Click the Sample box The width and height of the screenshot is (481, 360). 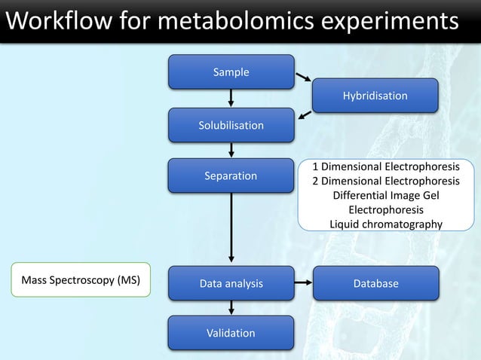pos(231,72)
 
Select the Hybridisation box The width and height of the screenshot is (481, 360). pos(375,96)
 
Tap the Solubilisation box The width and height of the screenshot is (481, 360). pos(231,125)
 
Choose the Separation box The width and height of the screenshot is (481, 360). pos(231,176)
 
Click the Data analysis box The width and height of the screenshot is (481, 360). pos(231,284)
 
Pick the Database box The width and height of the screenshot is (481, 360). pos(375,284)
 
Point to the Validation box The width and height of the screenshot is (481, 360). pos(231,333)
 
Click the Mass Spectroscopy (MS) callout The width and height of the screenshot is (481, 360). pos(81,280)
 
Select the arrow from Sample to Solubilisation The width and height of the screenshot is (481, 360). pos(231,98)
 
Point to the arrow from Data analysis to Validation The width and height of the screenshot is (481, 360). pos(231,308)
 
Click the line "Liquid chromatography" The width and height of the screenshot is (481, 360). pos(386,224)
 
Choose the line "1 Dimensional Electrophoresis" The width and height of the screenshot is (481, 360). pos(386,166)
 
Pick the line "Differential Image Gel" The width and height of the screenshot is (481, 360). pos(386,195)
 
